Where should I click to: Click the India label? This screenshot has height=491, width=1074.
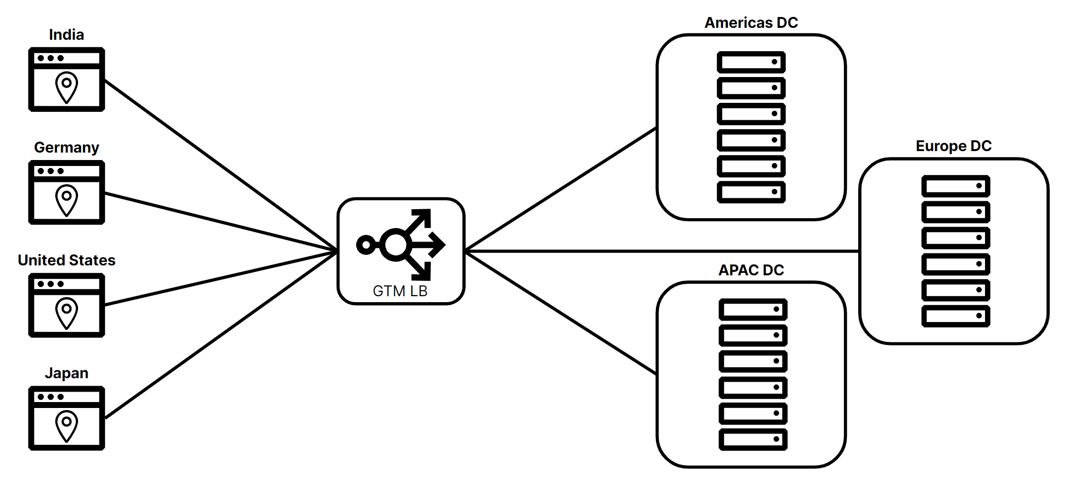(66, 35)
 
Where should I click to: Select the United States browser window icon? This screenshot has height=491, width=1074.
(66, 305)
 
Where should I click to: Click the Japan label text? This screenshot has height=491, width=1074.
(66, 373)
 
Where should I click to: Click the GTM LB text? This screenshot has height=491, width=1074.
(400, 291)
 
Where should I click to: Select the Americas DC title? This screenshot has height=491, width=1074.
(751, 23)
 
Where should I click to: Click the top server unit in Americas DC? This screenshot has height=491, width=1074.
(751, 62)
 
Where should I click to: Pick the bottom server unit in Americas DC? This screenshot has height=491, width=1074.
(751, 192)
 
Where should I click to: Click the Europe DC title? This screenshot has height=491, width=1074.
(953, 146)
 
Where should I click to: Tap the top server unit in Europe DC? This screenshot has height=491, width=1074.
(955, 186)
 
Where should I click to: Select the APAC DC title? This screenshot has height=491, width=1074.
(751, 270)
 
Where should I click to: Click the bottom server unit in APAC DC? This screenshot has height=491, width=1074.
(753, 440)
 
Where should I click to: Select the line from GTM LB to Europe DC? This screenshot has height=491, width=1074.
(661, 251)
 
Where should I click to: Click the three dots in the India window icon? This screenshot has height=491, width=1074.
(50, 58)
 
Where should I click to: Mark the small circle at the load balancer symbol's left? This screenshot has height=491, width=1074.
(366, 245)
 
